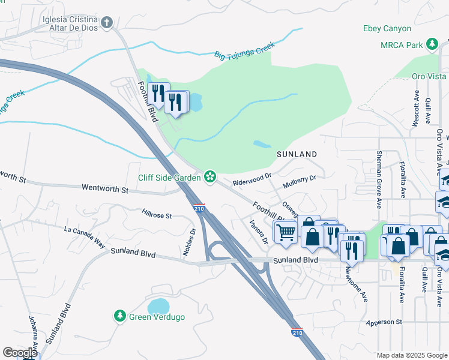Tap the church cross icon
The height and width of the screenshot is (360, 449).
coord(107,23)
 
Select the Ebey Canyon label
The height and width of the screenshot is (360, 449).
coord(387,28)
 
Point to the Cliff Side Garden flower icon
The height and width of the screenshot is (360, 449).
coord(209,176)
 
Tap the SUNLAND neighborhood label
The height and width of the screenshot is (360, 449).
coord(297,154)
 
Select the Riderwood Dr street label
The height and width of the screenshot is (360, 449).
coord(252,179)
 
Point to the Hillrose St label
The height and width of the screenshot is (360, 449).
coord(157,214)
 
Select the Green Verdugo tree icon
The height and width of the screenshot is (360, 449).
coord(120,316)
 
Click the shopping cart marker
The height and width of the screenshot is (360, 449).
coord(285,231)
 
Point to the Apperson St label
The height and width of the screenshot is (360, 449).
coord(384,322)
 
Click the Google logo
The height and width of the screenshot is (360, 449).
coord(20,352)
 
